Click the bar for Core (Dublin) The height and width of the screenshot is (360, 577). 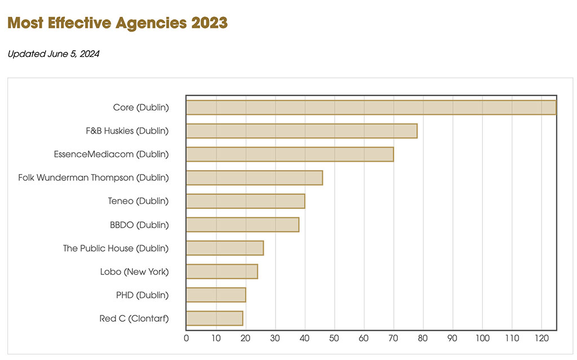pos(371,107)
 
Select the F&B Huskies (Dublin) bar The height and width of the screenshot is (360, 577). pos(301,131)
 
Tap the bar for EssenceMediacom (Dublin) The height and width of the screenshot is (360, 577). pos(290,154)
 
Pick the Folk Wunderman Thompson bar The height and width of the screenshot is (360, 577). pos(254,177)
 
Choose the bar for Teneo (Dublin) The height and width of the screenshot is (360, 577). pos(245,201)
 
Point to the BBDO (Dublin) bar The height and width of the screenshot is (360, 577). pos(242,225)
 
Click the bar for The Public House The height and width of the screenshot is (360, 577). pos(224,248)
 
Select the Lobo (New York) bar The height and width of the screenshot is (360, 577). pos(221,272)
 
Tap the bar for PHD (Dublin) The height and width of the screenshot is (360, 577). pos(216,295)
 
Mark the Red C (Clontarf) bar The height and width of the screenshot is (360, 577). pos(214,318)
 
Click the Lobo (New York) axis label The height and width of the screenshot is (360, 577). pos(134,272)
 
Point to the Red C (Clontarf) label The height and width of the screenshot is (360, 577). pos(134,318)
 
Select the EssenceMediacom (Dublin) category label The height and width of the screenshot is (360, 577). pos(111,154)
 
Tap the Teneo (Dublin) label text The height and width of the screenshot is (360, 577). pos(138,201)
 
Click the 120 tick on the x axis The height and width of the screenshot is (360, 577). pos(542,339)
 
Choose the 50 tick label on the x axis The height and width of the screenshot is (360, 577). pos(334,339)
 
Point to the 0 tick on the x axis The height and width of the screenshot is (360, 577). pos(187,339)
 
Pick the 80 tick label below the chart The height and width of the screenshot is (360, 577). pos(423,339)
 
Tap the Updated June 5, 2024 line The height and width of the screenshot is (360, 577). pos(54,54)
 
